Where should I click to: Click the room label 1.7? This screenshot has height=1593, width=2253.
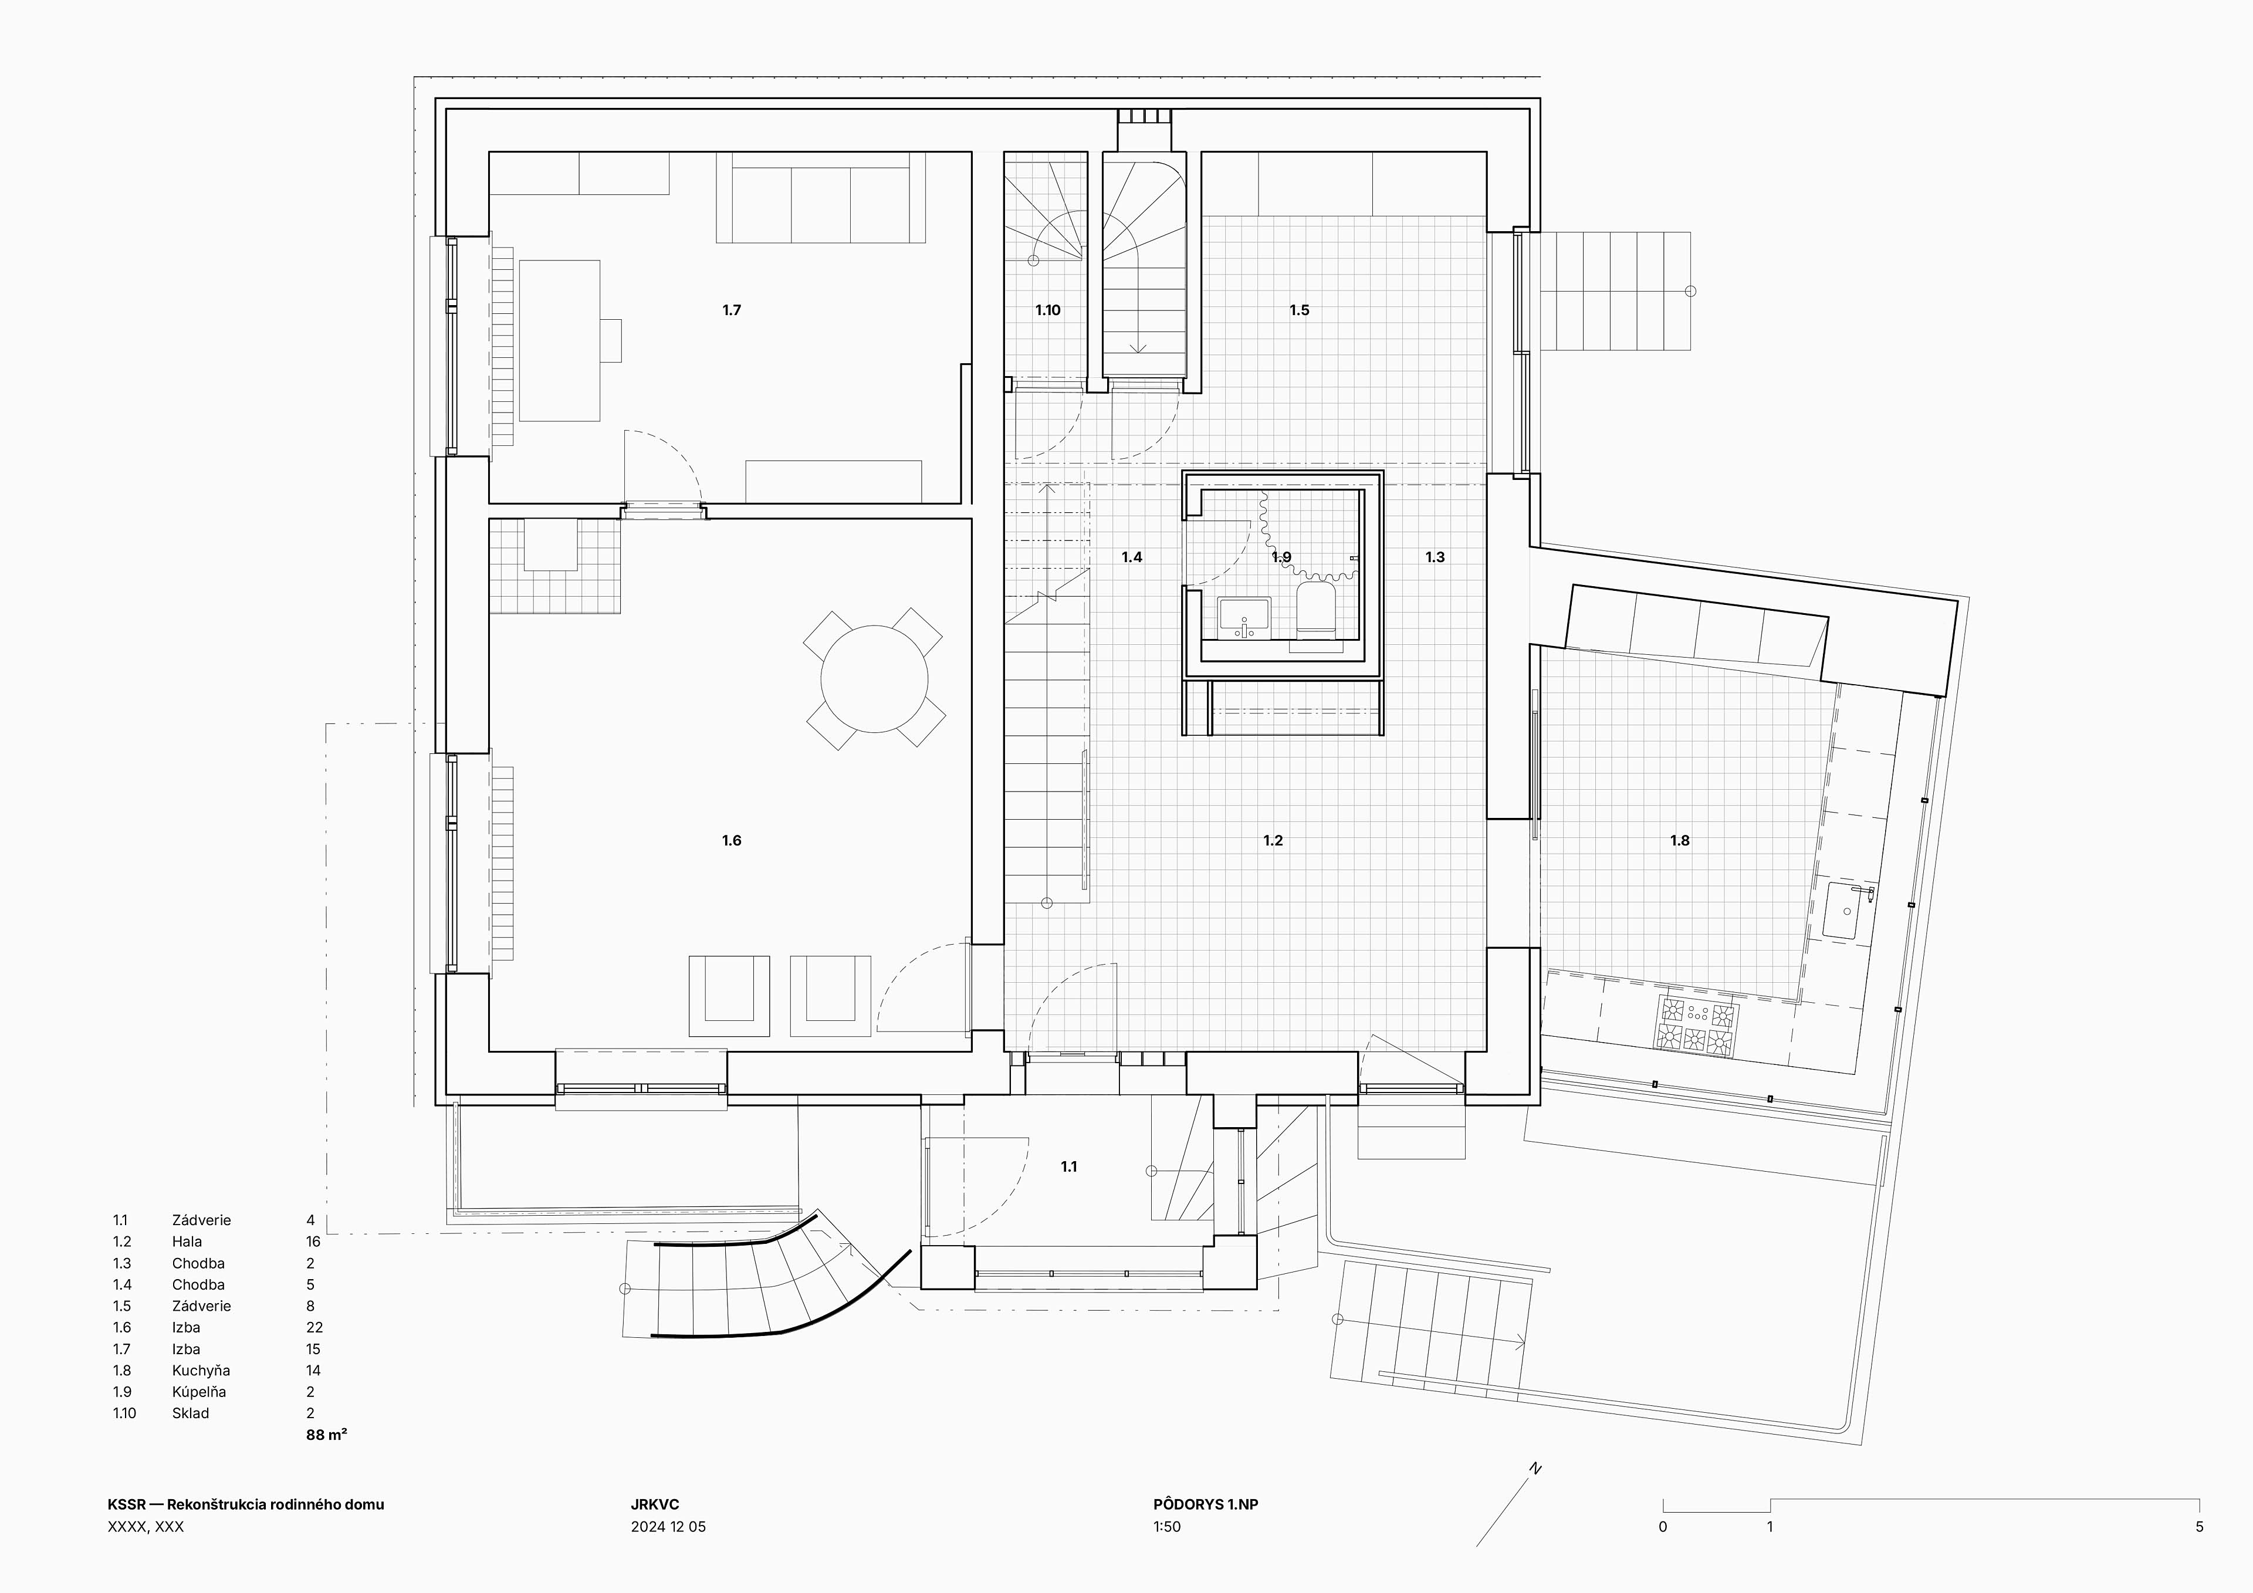tap(732, 310)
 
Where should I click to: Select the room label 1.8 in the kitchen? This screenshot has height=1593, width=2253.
tap(1680, 840)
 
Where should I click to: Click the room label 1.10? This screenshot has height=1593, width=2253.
tap(1048, 310)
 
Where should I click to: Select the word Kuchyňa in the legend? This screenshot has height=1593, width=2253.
tap(201, 1370)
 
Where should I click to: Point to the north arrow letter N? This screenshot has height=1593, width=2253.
tap(1535, 1469)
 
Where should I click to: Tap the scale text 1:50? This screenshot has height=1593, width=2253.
tap(1167, 1526)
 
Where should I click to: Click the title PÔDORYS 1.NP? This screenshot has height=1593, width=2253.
tap(1205, 1504)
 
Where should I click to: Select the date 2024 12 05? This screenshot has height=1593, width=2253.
tap(668, 1526)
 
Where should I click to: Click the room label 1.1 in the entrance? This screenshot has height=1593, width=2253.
tap(1068, 1166)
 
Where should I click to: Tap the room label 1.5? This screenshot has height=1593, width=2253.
tap(1299, 310)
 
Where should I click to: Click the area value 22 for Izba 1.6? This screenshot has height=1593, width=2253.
tap(314, 1327)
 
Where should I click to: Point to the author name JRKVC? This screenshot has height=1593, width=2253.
tap(655, 1504)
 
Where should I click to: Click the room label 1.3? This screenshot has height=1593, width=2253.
tap(1435, 556)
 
